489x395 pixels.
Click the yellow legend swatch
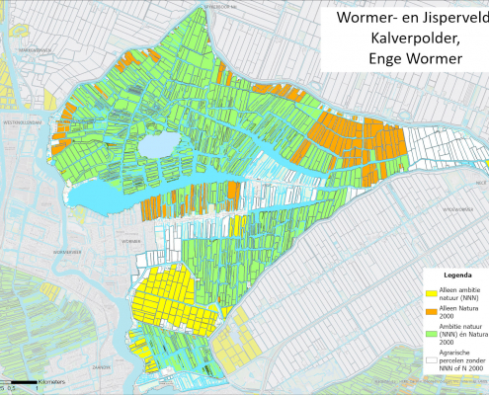tap(431, 287)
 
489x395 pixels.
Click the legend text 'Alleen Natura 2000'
tap(460, 310)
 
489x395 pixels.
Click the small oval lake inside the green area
tap(156, 147)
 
